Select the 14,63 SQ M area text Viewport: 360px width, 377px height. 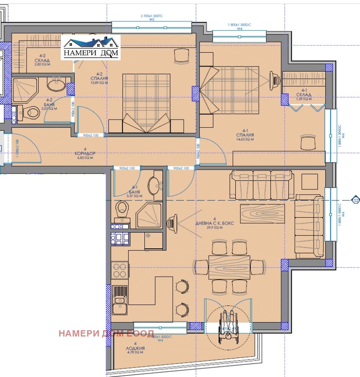pyautogui.click(x=245, y=139)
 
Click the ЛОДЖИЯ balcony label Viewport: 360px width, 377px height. pyautogui.click(x=135, y=348)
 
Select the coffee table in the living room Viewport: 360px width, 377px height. pyautogui.click(x=262, y=213)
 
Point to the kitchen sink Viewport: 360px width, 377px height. pyautogui.click(x=120, y=301)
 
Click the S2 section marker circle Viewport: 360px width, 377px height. pyautogui.click(x=355, y=200)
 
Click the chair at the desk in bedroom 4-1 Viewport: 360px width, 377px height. pyautogui.click(x=309, y=143)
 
